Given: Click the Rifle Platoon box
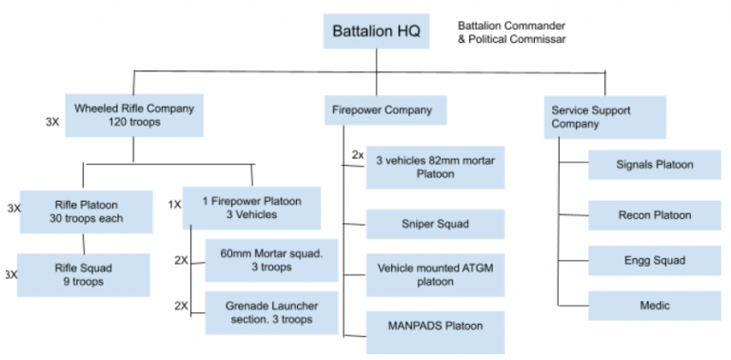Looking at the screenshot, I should tap(86, 210).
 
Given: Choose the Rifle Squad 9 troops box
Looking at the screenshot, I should tap(86, 274).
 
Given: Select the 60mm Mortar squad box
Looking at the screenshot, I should tap(271, 260).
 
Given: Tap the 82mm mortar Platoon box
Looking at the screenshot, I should tap(435, 168).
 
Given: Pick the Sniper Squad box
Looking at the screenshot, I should tap(435, 225).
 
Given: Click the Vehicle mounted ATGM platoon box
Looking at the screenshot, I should tap(435, 274).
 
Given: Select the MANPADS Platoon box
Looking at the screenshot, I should tap(435, 328).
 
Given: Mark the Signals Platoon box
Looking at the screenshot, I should tap(654, 165).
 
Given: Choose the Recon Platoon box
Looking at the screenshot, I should tap(654, 214).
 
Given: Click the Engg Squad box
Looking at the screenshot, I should tap(654, 259).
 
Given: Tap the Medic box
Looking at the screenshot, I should tap(654, 305).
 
